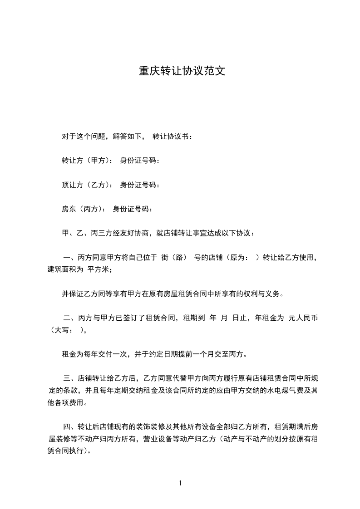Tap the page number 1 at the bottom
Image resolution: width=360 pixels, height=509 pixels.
[180, 483]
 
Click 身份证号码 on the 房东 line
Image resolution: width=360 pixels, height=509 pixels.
[133, 209]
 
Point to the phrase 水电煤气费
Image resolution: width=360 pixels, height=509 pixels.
[284, 390]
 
